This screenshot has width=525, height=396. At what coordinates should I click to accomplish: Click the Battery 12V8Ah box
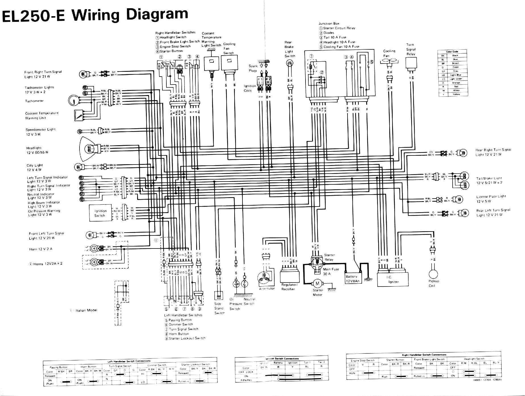pos(352,279)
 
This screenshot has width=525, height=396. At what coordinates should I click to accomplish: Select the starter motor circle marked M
pos(317,283)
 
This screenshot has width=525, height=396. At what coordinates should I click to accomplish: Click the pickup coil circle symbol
pos(433,274)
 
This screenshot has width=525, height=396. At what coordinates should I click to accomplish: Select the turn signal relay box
pos(411,63)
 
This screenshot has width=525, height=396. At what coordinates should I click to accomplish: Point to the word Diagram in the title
pos(157,14)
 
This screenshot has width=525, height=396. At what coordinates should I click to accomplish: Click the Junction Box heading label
pos(329,24)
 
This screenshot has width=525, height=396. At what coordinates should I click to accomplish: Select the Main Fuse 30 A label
pos(331,271)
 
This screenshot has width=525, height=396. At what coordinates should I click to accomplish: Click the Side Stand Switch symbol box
pos(218,296)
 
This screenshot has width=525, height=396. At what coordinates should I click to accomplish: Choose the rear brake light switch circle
pos(290,63)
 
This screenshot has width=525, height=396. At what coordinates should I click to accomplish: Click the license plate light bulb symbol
pos(459,199)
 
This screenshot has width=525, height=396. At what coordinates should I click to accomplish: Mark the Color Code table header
pos(452,52)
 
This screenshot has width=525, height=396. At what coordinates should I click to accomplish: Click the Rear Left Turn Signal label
pos(493,212)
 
